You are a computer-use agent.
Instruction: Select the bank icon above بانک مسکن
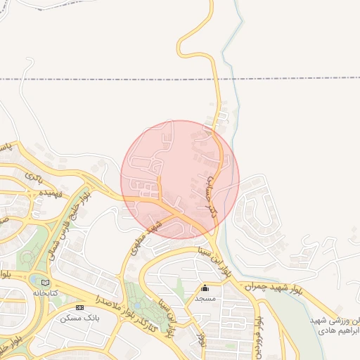pos(79,308)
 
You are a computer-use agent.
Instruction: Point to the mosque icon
pos(205,288)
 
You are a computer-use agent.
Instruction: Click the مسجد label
pos(205,299)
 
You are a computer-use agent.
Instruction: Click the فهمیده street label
pos(52,191)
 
